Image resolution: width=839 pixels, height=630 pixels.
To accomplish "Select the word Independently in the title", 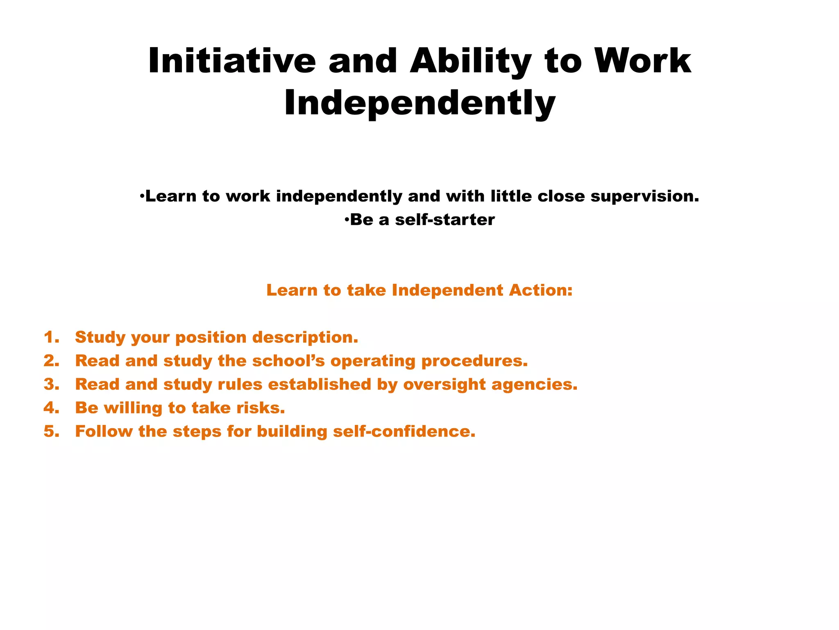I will [419, 103].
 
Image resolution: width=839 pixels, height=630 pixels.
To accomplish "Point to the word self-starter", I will [445, 220].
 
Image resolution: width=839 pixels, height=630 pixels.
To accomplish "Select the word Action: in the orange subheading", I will [541, 290].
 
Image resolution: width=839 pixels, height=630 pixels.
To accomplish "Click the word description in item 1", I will [305, 338].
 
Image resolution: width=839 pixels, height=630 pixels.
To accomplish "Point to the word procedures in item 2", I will [474, 361].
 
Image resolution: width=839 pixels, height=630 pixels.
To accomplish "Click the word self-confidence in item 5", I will [404, 431].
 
